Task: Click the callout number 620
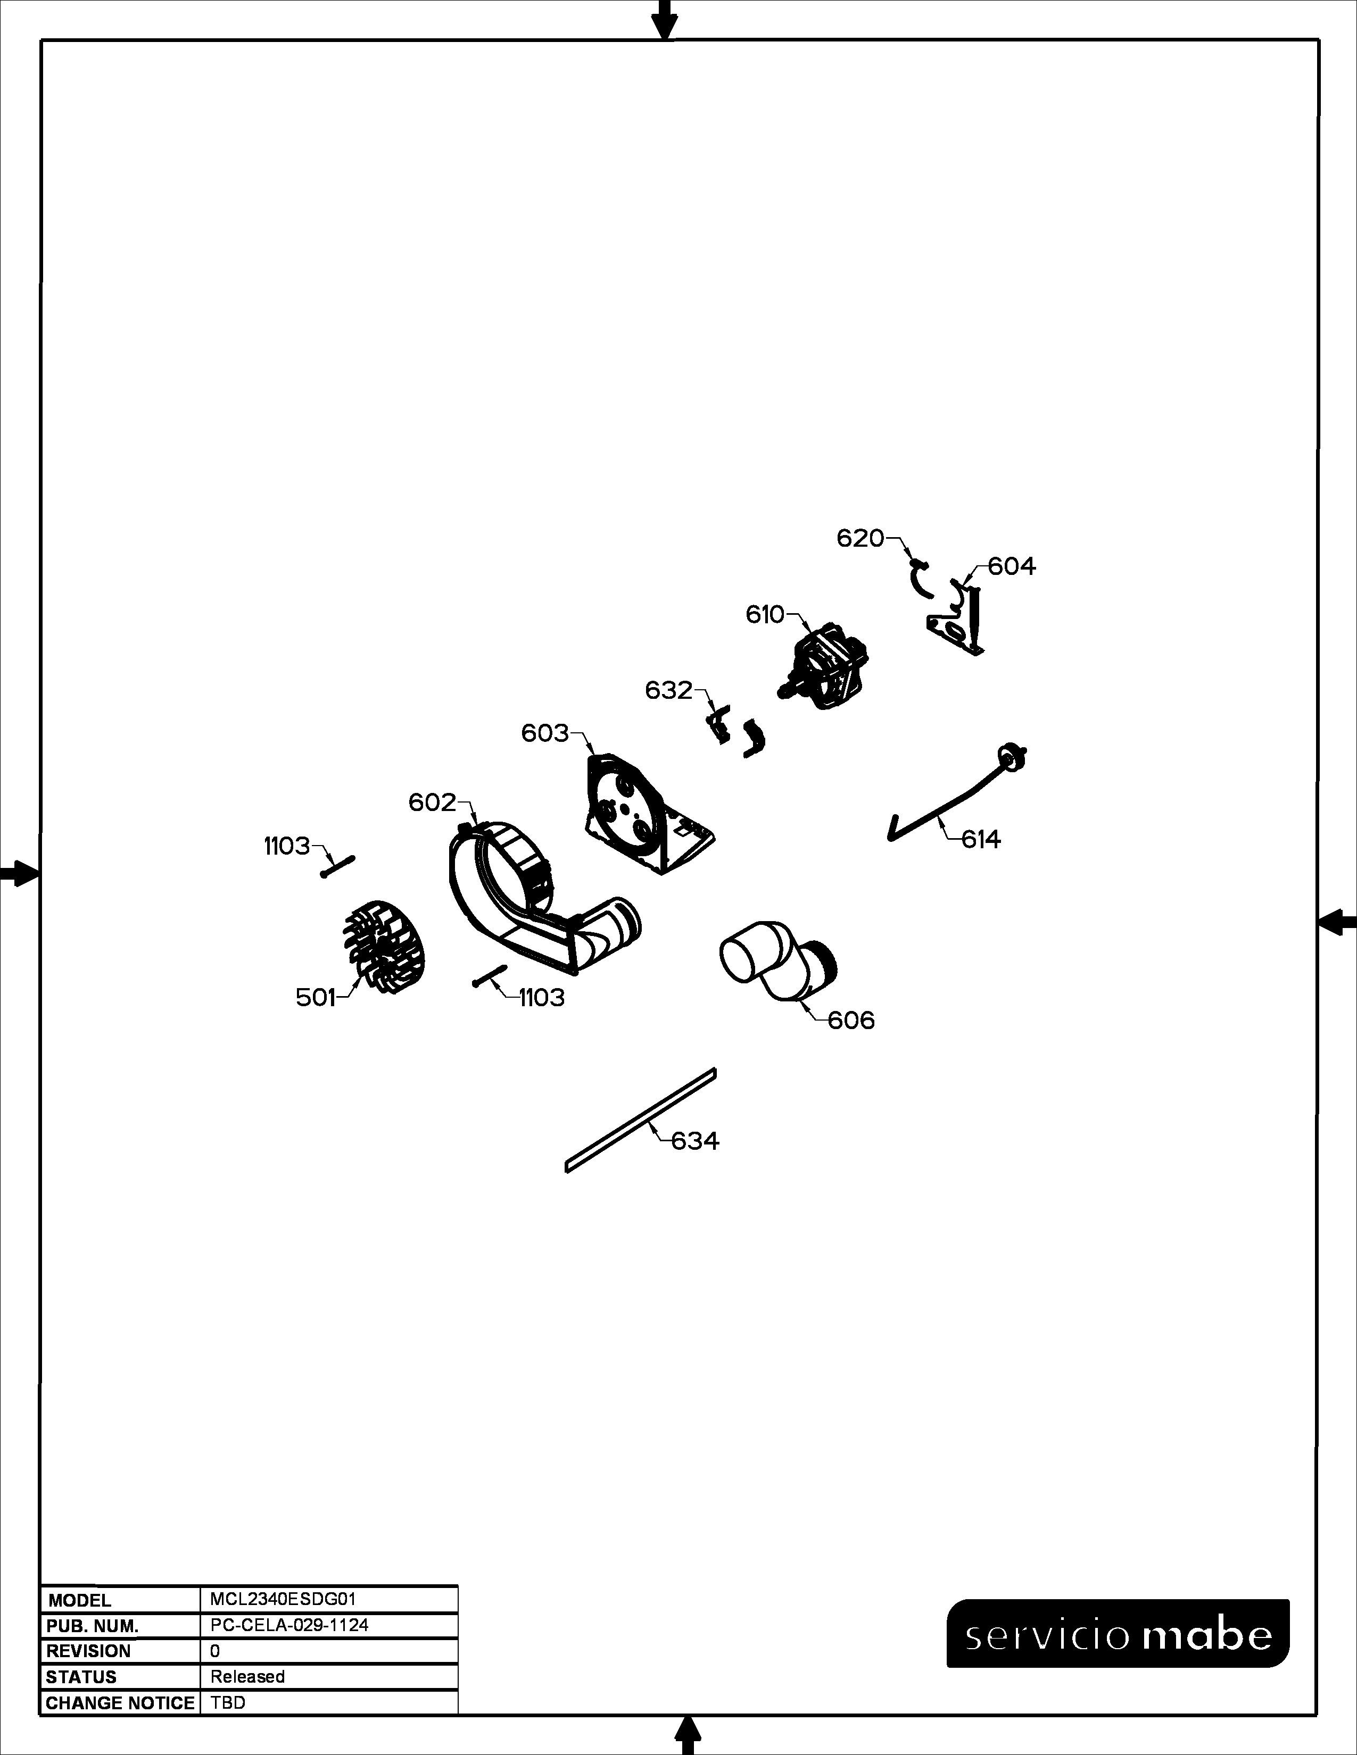(860, 538)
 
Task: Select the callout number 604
(1012, 566)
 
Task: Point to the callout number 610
(765, 615)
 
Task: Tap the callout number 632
(669, 690)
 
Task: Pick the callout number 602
(433, 802)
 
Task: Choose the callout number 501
(315, 998)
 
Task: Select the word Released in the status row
(247, 1676)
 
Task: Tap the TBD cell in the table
(228, 1703)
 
